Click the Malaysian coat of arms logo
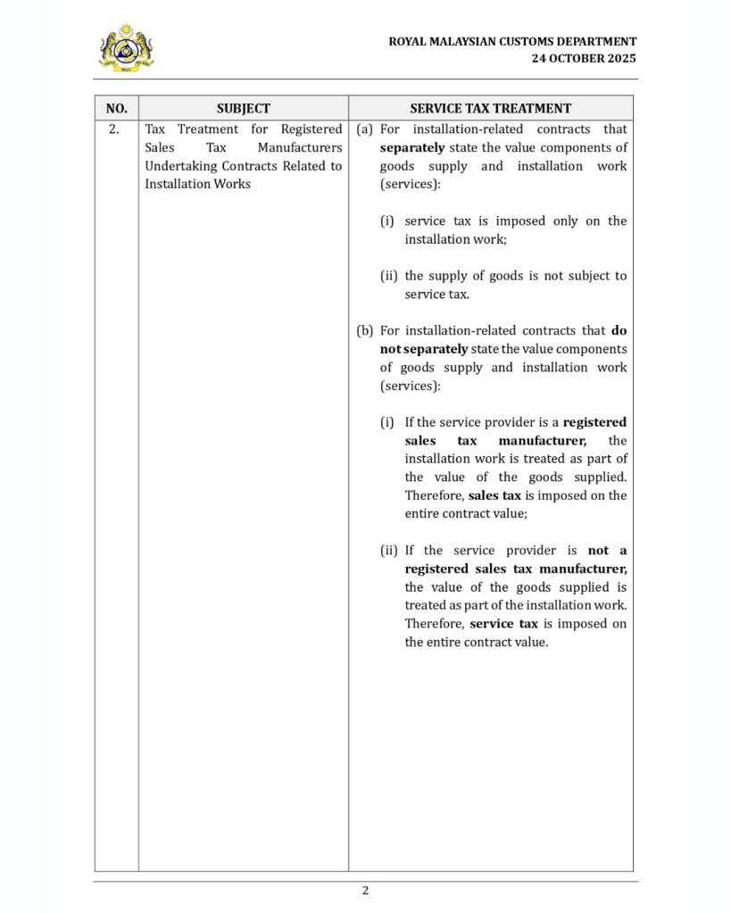pyautogui.click(x=126, y=48)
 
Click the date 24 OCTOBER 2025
pyautogui.click(x=584, y=58)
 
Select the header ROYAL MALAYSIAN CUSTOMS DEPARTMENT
pyautogui.click(x=512, y=41)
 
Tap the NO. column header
pyautogui.click(x=116, y=108)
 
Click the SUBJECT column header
pyautogui.click(x=243, y=108)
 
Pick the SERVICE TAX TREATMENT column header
pyautogui.click(x=490, y=108)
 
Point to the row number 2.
pyautogui.click(x=114, y=129)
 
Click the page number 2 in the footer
pyautogui.click(x=365, y=890)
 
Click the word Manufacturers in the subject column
pyautogui.click(x=300, y=147)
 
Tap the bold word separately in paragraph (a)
pyautogui.click(x=411, y=147)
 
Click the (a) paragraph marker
pyautogui.click(x=364, y=129)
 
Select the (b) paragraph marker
pyautogui.click(x=364, y=330)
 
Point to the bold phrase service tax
pyautogui.click(x=503, y=624)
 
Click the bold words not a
pyautogui.click(x=607, y=551)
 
